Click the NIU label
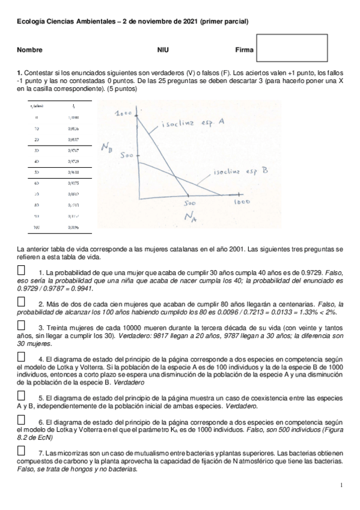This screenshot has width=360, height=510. (x=163, y=50)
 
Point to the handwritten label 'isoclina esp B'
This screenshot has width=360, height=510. (x=240, y=171)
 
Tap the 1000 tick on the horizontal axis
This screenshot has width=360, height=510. (x=242, y=203)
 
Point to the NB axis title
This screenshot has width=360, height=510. (x=108, y=147)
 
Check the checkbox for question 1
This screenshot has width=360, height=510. (x=22, y=271)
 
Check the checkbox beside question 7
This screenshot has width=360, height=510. (x=22, y=450)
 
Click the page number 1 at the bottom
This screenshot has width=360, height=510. (x=341, y=485)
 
